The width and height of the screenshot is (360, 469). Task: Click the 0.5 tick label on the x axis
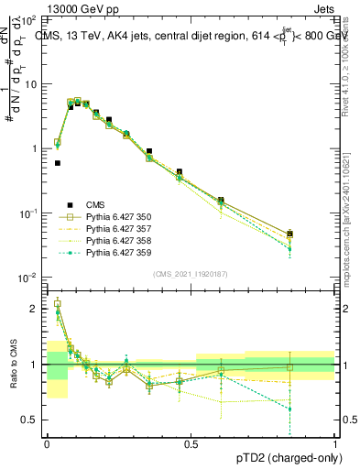(x=191, y=442)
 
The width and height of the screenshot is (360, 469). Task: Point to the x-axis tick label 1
(x=335, y=442)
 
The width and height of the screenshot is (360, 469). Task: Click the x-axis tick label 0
(x=47, y=442)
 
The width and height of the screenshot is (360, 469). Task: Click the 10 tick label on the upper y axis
(x=29, y=84)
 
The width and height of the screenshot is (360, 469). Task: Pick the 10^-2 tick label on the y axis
(x=27, y=278)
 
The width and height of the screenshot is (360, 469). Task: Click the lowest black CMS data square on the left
(x=57, y=163)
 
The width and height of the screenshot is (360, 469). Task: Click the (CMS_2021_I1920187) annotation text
(x=191, y=274)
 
